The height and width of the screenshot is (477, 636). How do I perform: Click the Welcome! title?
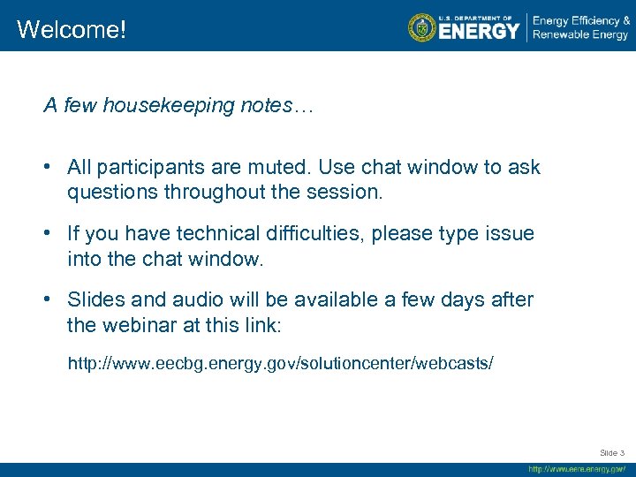pos(72,29)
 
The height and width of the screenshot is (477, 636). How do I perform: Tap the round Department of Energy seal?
pos(422,26)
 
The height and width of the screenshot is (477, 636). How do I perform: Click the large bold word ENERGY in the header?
pos(479,31)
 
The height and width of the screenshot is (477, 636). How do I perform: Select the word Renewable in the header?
pos(562,35)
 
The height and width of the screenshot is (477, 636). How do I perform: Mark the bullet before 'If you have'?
pos(51,234)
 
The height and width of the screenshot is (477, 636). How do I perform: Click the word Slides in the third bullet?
pos(93,300)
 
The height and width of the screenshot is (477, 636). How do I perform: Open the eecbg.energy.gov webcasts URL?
pos(281,363)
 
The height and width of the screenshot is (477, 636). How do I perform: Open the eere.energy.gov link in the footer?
pos(576,469)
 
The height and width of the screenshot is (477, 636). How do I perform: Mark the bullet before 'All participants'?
pos(51,168)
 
